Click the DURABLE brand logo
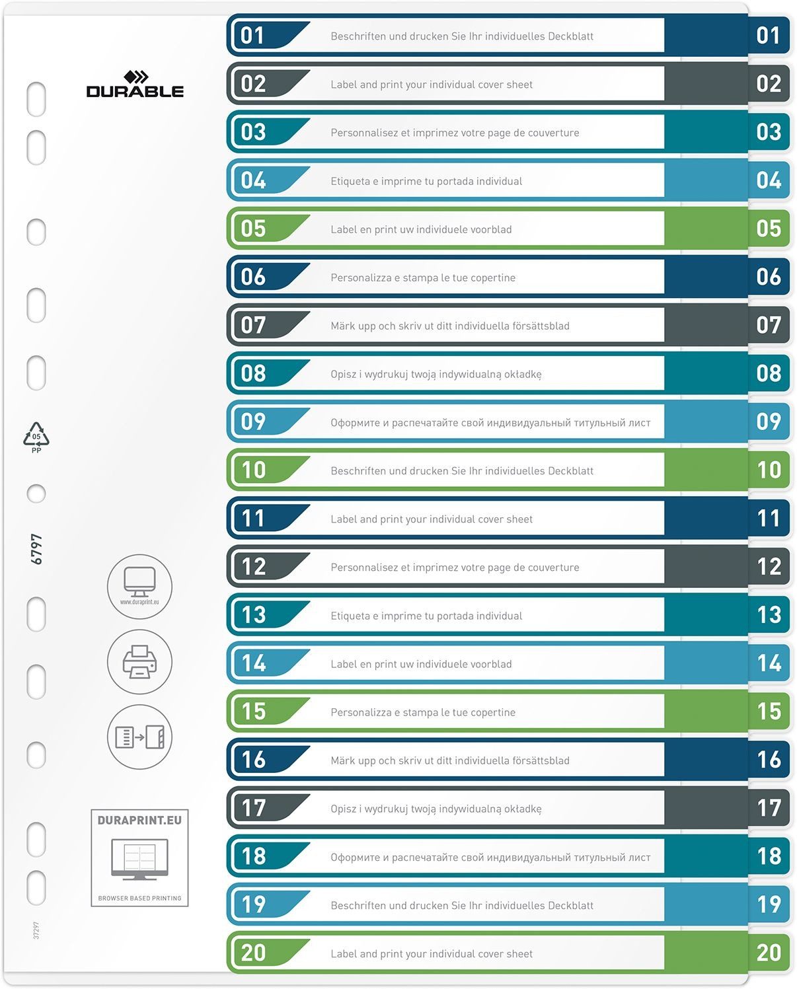[x=135, y=84]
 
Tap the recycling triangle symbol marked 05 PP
[x=36, y=437]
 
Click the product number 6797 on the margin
[x=36, y=549]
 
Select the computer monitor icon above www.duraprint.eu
[x=139, y=581]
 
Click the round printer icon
[x=139, y=661]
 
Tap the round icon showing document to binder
[x=139, y=737]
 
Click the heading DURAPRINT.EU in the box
[x=139, y=821]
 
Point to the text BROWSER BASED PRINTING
[x=139, y=898]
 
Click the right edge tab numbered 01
[x=769, y=36]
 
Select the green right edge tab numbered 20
[x=769, y=953]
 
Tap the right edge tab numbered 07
[x=769, y=325]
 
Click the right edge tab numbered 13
[x=769, y=615]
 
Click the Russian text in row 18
[x=490, y=857]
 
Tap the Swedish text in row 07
[x=450, y=326]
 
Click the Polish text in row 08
[x=436, y=374]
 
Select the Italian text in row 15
[x=423, y=712]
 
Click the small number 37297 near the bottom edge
[x=36, y=930]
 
